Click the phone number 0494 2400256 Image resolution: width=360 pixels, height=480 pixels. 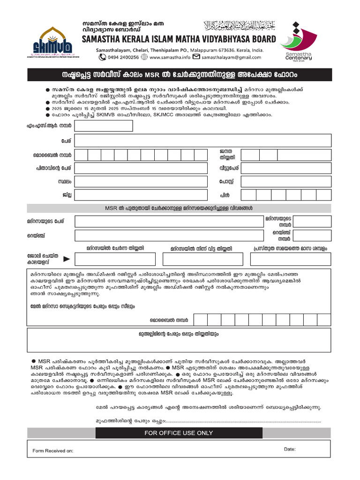point(123,57)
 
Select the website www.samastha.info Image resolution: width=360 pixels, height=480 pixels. point(170,57)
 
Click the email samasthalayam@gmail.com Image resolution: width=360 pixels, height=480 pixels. point(231,57)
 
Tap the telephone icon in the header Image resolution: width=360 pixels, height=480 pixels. point(102,57)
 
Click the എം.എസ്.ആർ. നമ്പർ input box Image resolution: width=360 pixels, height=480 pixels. point(104,126)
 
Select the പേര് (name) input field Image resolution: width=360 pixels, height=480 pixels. point(202,141)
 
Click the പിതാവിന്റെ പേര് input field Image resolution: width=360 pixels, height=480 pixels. point(141,168)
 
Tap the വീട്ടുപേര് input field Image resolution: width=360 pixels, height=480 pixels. point(286,168)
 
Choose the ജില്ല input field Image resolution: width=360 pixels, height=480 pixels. point(141,195)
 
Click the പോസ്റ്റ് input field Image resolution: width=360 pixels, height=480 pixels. point(286,181)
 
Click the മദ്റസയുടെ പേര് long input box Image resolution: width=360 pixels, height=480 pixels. point(169,221)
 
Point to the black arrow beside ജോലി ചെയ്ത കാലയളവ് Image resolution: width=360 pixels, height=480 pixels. point(67,258)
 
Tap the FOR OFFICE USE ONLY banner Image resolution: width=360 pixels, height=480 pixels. point(179,433)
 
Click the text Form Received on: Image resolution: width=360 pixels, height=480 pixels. point(53,451)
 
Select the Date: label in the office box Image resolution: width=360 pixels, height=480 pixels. point(290,449)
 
